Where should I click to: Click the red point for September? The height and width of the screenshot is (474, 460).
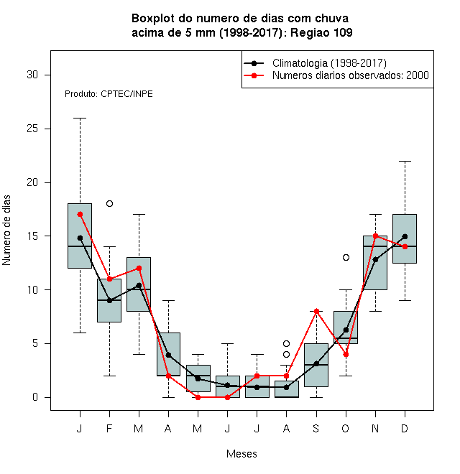tap(316, 312)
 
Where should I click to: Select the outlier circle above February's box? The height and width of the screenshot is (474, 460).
tap(109, 204)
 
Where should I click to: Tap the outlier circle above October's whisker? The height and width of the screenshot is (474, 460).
tap(346, 258)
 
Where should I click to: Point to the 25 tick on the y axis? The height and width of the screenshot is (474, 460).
tap(47, 129)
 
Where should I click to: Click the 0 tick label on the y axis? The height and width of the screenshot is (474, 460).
tap(35, 397)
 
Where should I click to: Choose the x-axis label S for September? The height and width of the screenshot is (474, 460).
tap(316, 428)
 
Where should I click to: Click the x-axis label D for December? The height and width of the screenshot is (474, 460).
tap(405, 428)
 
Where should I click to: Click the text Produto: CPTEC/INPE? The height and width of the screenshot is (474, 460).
tap(109, 94)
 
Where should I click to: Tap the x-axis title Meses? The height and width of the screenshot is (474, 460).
tap(241, 454)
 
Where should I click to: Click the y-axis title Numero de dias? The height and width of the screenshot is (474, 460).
tap(6, 231)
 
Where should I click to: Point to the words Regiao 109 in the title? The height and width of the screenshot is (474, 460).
tap(321, 32)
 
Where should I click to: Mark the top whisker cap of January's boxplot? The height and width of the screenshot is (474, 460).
tap(80, 118)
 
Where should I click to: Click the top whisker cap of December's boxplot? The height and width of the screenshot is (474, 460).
tap(405, 162)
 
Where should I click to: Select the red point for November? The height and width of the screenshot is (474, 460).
tap(376, 236)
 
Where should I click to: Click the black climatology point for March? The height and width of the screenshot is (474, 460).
tap(139, 285)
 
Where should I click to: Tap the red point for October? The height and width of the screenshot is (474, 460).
tap(346, 354)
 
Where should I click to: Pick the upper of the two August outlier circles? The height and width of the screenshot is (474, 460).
tap(286, 344)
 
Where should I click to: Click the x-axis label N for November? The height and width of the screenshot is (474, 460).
tap(375, 428)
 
